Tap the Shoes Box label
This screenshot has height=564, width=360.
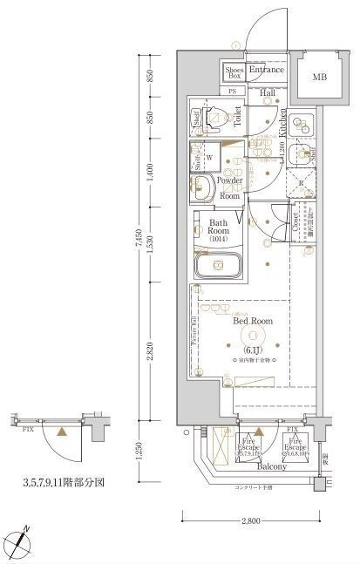pyautogui.click(x=234, y=73)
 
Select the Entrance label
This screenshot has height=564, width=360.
pyautogui.click(x=266, y=70)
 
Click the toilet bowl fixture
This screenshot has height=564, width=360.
pyautogui.click(x=215, y=119)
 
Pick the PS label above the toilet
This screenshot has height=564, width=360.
pyautogui.click(x=233, y=92)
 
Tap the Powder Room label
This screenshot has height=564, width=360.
pyautogui.click(x=230, y=188)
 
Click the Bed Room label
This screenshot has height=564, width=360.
pyautogui.click(x=254, y=322)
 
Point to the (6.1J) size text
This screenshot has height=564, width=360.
pyautogui.click(x=254, y=341)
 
